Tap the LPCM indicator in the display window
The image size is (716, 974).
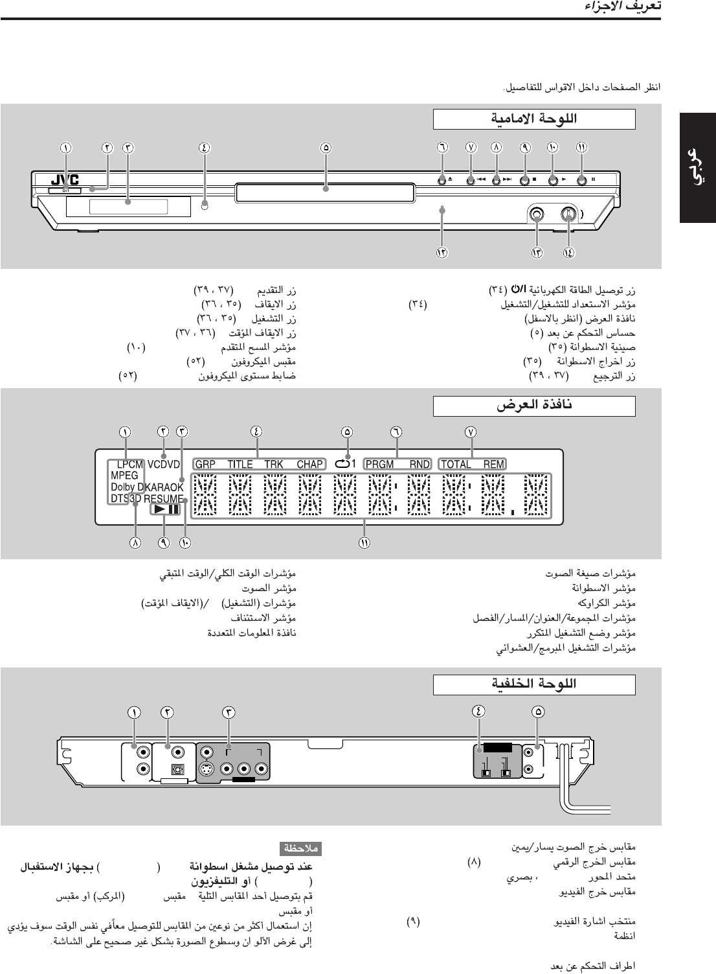[129, 465]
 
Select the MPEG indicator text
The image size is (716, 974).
[124, 476]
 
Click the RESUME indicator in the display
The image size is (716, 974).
[164, 499]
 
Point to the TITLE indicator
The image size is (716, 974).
[240, 464]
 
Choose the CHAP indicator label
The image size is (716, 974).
[309, 464]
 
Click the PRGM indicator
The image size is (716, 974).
[380, 464]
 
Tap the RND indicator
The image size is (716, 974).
[420, 464]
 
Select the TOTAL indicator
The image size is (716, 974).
[456, 464]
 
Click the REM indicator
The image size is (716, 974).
[493, 464]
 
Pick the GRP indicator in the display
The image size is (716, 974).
[205, 464]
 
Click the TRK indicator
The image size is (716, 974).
[274, 464]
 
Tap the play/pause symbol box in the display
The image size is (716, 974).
[165, 509]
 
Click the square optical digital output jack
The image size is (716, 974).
[175, 770]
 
